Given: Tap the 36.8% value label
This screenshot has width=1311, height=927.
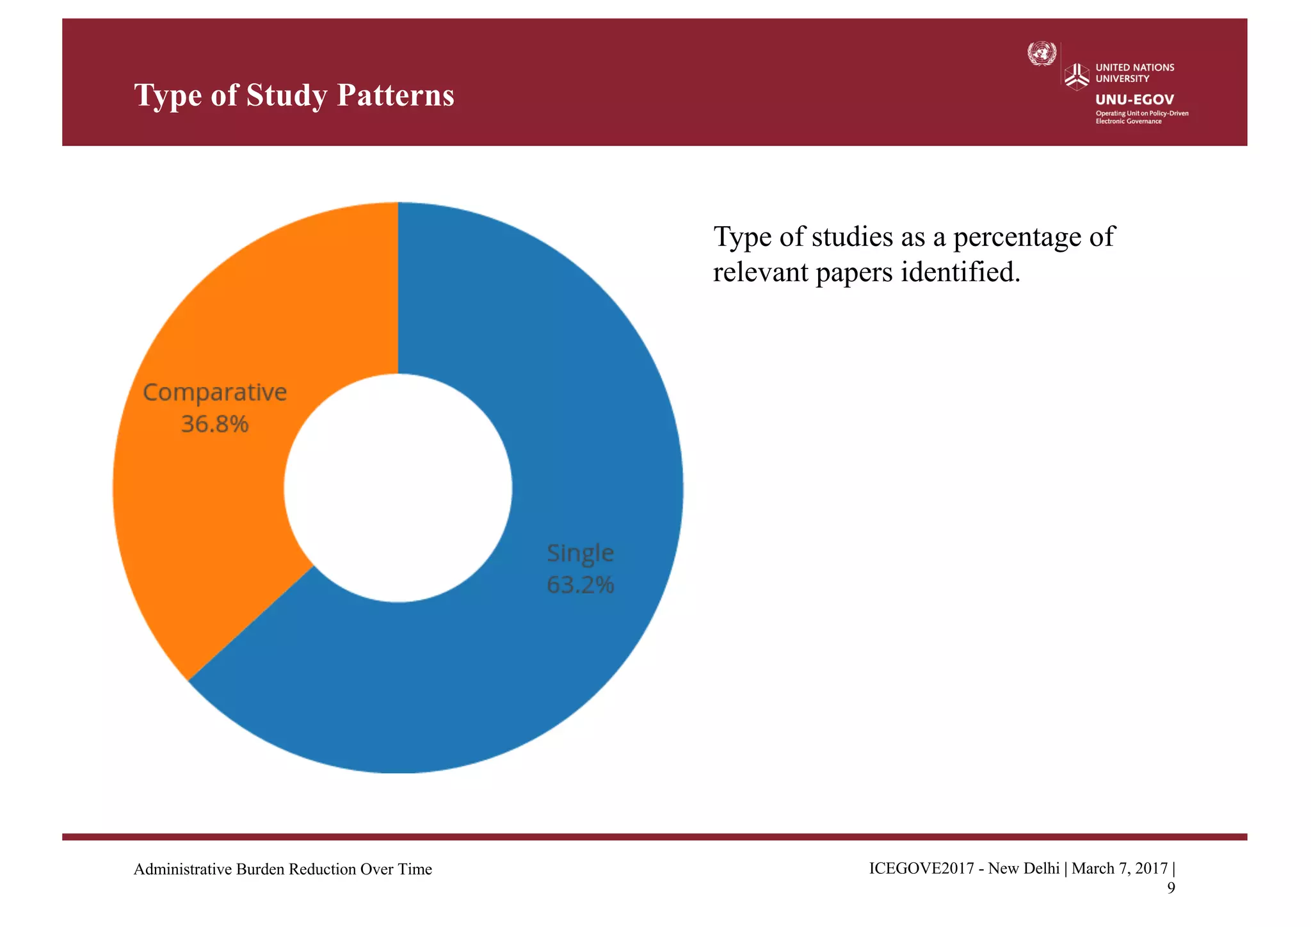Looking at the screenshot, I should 214,424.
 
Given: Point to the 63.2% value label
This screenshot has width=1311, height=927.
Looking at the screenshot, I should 580,584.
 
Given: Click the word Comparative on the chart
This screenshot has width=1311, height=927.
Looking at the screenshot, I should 214,392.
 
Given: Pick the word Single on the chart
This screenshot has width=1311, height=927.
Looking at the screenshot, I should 580,552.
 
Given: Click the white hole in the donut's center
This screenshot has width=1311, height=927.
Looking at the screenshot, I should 398,488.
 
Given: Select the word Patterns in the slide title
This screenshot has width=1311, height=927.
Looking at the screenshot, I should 395,95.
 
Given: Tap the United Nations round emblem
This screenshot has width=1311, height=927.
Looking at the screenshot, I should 1042,53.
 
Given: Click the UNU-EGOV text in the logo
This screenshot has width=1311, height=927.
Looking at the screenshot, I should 1134,99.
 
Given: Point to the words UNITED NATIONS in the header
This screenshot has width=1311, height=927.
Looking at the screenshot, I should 1134,67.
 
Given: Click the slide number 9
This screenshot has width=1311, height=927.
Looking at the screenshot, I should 1170,888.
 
